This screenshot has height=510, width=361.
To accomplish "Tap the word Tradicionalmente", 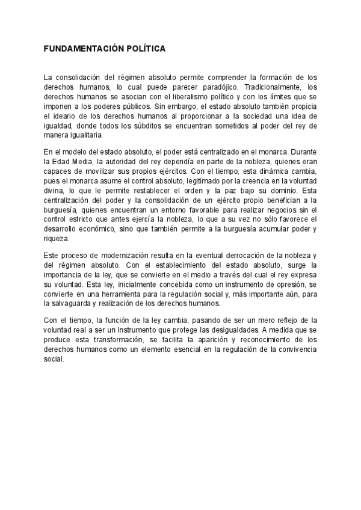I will coord(276,87).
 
